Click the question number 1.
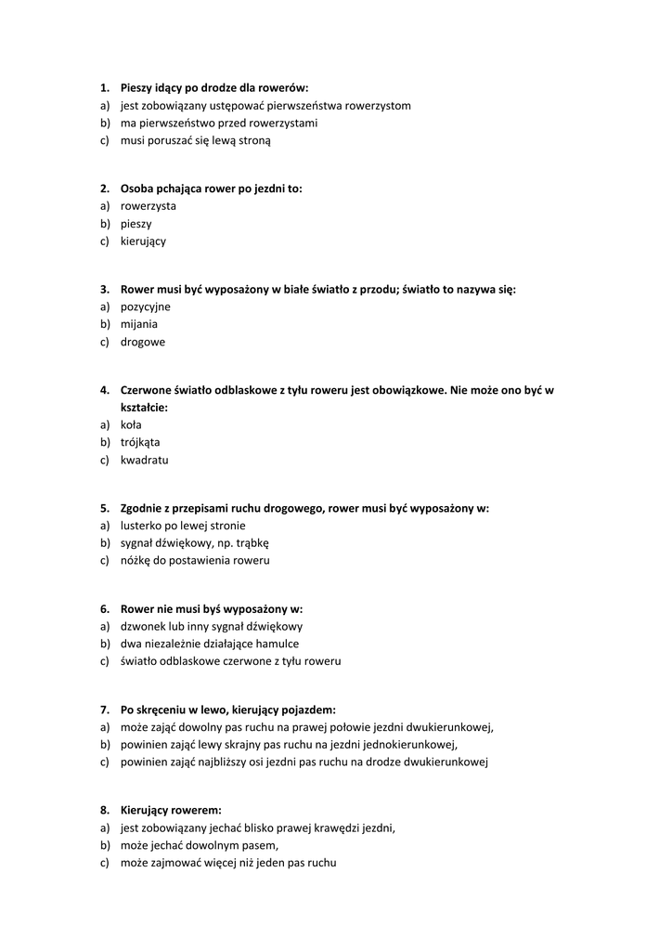coord(104,88)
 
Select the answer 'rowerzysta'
coord(148,206)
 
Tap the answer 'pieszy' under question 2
coord(136,224)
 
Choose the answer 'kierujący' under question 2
coord(143,241)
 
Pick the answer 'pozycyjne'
coord(145,306)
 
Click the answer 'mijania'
coord(138,324)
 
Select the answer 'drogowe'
coord(142,342)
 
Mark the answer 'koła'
coord(131,424)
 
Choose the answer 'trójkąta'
coord(140,442)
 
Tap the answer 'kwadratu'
coord(144,460)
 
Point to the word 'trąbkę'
coord(252,543)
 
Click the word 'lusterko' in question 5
coord(141,526)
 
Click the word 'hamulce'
coord(277,644)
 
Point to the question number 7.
coord(104,710)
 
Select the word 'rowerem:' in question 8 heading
coord(199,810)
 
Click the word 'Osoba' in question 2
coord(137,189)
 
